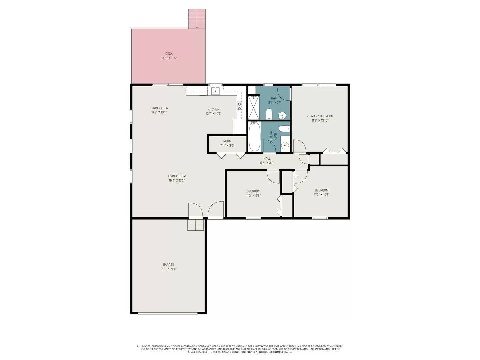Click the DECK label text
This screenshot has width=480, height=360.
(x=169, y=54)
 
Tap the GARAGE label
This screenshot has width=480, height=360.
(x=168, y=265)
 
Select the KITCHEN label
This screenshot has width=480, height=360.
(x=213, y=109)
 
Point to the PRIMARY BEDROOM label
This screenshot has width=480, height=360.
(x=320, y=116)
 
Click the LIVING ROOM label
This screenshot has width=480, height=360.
(x=177, y=176)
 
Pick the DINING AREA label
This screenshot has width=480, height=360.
(x=159, y=108)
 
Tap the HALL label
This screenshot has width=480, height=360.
(x=267, y=159)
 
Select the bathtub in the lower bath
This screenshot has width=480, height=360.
(x=254, y=137)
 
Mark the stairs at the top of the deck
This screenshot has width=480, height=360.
(x=197, y=19)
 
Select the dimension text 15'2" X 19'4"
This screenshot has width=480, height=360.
(x=168, y=269)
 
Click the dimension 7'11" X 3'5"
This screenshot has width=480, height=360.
(x=227, y=146)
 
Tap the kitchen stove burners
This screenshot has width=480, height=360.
(x=239, y=106)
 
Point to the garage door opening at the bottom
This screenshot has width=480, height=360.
(x=168, y=313)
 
